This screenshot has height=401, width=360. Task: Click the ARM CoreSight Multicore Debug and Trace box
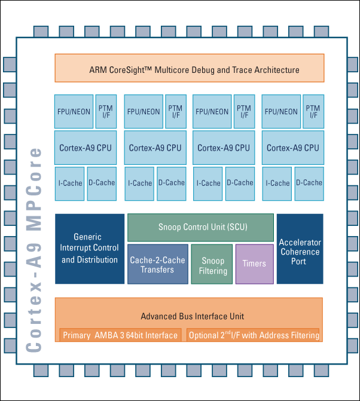189,68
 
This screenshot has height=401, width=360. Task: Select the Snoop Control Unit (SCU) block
202,228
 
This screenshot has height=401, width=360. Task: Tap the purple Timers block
254,264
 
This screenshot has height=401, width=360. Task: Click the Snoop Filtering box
213,265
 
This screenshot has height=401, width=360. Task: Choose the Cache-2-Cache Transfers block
157,265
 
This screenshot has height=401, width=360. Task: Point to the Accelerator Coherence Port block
300,249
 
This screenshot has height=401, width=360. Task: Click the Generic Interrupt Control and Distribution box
90,249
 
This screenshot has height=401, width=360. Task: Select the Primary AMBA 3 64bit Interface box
120,335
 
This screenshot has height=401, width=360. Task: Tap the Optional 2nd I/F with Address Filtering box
254,335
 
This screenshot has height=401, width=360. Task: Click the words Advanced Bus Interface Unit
192,316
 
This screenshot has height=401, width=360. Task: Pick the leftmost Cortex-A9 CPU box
86,148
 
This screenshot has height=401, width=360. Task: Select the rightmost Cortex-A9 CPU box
293,148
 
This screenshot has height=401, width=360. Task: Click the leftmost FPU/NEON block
74,112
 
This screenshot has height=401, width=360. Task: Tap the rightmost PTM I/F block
313,112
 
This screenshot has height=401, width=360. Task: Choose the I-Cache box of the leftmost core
69,183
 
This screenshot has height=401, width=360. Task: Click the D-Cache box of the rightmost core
309,183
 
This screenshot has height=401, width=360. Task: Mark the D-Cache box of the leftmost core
101,183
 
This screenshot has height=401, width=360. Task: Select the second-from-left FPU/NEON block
144,112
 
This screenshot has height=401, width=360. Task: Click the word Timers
254,264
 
